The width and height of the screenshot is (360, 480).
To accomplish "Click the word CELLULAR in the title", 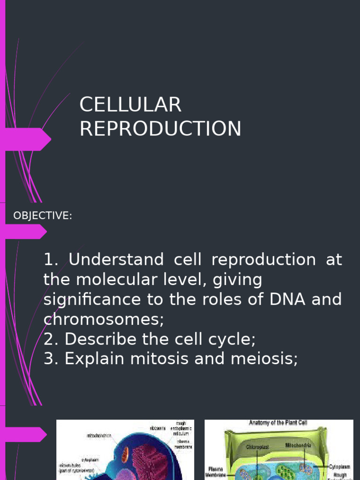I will tap(130, 105).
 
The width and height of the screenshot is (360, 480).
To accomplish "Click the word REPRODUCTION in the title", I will tap(160, 128).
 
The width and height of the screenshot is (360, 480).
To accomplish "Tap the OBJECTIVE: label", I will tap(43, 216).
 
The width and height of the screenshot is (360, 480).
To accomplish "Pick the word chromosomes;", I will tap(104, 320).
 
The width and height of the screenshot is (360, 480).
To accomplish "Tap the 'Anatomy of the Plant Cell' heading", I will tap(277, 423).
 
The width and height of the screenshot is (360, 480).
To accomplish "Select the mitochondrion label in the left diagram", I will tap(99, 435).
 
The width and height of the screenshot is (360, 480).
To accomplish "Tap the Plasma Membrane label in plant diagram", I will tap(216, 471).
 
